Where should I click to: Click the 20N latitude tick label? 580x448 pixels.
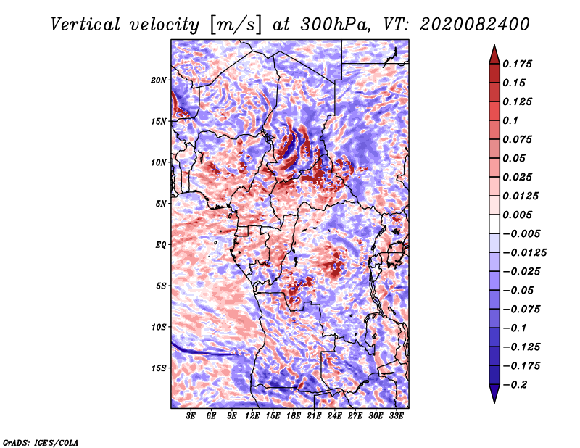(159, 80)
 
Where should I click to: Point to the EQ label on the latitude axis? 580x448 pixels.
(161, 245)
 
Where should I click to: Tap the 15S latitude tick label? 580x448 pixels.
(159, 368)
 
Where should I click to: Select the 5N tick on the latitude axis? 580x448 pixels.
(161, 204)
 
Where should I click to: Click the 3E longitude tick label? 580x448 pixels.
(191, 416)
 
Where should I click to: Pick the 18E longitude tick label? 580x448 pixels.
(294, 416)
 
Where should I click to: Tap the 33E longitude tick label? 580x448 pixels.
(396, 416)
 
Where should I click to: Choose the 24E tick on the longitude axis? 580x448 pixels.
(334, 416)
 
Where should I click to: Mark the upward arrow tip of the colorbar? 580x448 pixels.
(494, 46)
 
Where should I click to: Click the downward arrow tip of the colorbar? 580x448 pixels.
(494, 402)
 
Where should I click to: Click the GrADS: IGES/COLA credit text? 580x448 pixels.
(40, 441)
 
